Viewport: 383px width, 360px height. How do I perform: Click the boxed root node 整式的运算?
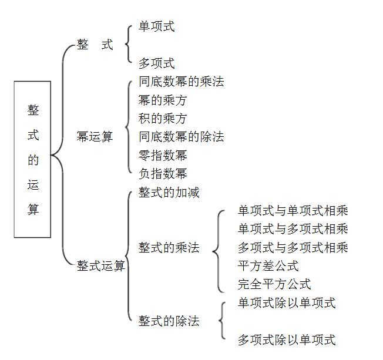click(32, 159)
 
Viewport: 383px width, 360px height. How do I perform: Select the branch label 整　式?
click(95, 45)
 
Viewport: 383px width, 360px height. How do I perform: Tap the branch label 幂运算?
click(95, 137)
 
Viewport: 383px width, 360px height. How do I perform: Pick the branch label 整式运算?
click(101, 265)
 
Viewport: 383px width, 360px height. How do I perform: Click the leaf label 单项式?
click(156, 26)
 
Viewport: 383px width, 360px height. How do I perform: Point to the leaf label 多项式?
click(156, 63)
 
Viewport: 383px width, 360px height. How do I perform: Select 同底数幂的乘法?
click(181, 82)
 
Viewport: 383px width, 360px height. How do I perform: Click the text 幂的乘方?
click(163, 100)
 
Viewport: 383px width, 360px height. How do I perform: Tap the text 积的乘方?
click(163, 119)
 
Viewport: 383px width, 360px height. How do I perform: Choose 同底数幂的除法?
click(181, 137)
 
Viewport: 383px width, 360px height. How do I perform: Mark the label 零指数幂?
click(163, 155)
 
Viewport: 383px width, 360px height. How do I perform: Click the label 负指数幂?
click(163, 173)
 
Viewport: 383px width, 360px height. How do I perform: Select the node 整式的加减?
click(169, 192)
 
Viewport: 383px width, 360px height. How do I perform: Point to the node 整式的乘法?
click(169, 247)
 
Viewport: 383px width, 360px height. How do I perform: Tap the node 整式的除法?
click(169, 321)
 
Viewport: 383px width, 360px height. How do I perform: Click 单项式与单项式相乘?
click(293, 210)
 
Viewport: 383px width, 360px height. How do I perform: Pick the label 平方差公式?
click(268, 265)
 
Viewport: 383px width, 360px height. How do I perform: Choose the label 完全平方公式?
click(274, 284)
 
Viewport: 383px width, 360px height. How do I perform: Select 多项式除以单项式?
click(286, 339)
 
